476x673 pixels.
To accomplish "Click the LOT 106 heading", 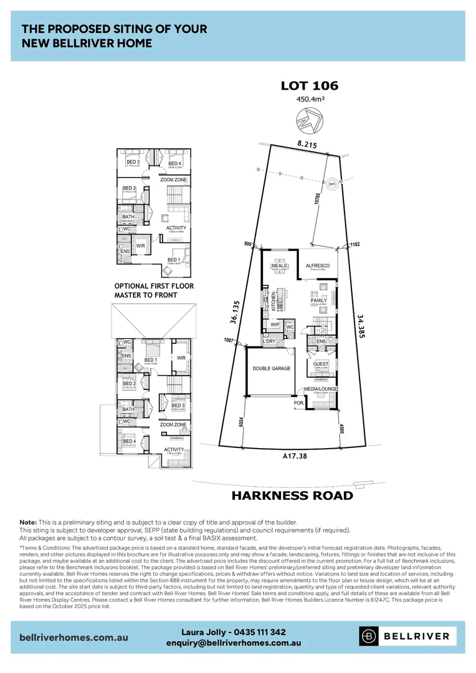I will point(309,86).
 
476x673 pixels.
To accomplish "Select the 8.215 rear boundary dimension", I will point(307,144).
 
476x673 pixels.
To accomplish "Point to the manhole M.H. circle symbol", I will point(331,183).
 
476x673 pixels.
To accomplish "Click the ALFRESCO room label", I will point(317,265).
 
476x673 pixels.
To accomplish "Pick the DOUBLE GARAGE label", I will point(272,368).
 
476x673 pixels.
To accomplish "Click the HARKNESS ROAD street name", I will point(292,496).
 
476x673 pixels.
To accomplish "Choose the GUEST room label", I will point(321,363).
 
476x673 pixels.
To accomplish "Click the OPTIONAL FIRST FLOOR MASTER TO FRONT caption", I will point(154,290).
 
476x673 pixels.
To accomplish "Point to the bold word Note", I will point(27,522).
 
